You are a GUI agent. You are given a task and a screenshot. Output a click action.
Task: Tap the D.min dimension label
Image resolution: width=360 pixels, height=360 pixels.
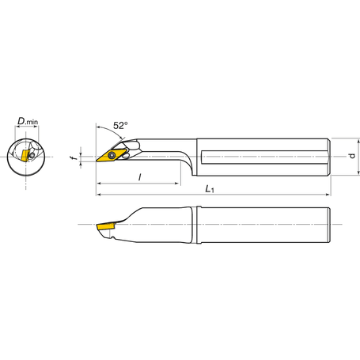tap(28, 123)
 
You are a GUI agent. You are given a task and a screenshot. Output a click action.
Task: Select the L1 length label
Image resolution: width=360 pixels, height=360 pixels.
tap(208, 189)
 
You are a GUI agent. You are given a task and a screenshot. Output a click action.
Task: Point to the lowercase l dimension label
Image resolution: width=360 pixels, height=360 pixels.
tap(139, 178)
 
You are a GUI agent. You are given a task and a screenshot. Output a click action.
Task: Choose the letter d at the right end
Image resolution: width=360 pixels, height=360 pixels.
tap(351, 155)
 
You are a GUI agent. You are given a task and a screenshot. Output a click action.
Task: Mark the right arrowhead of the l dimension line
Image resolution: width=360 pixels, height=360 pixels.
tap(178, 184)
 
